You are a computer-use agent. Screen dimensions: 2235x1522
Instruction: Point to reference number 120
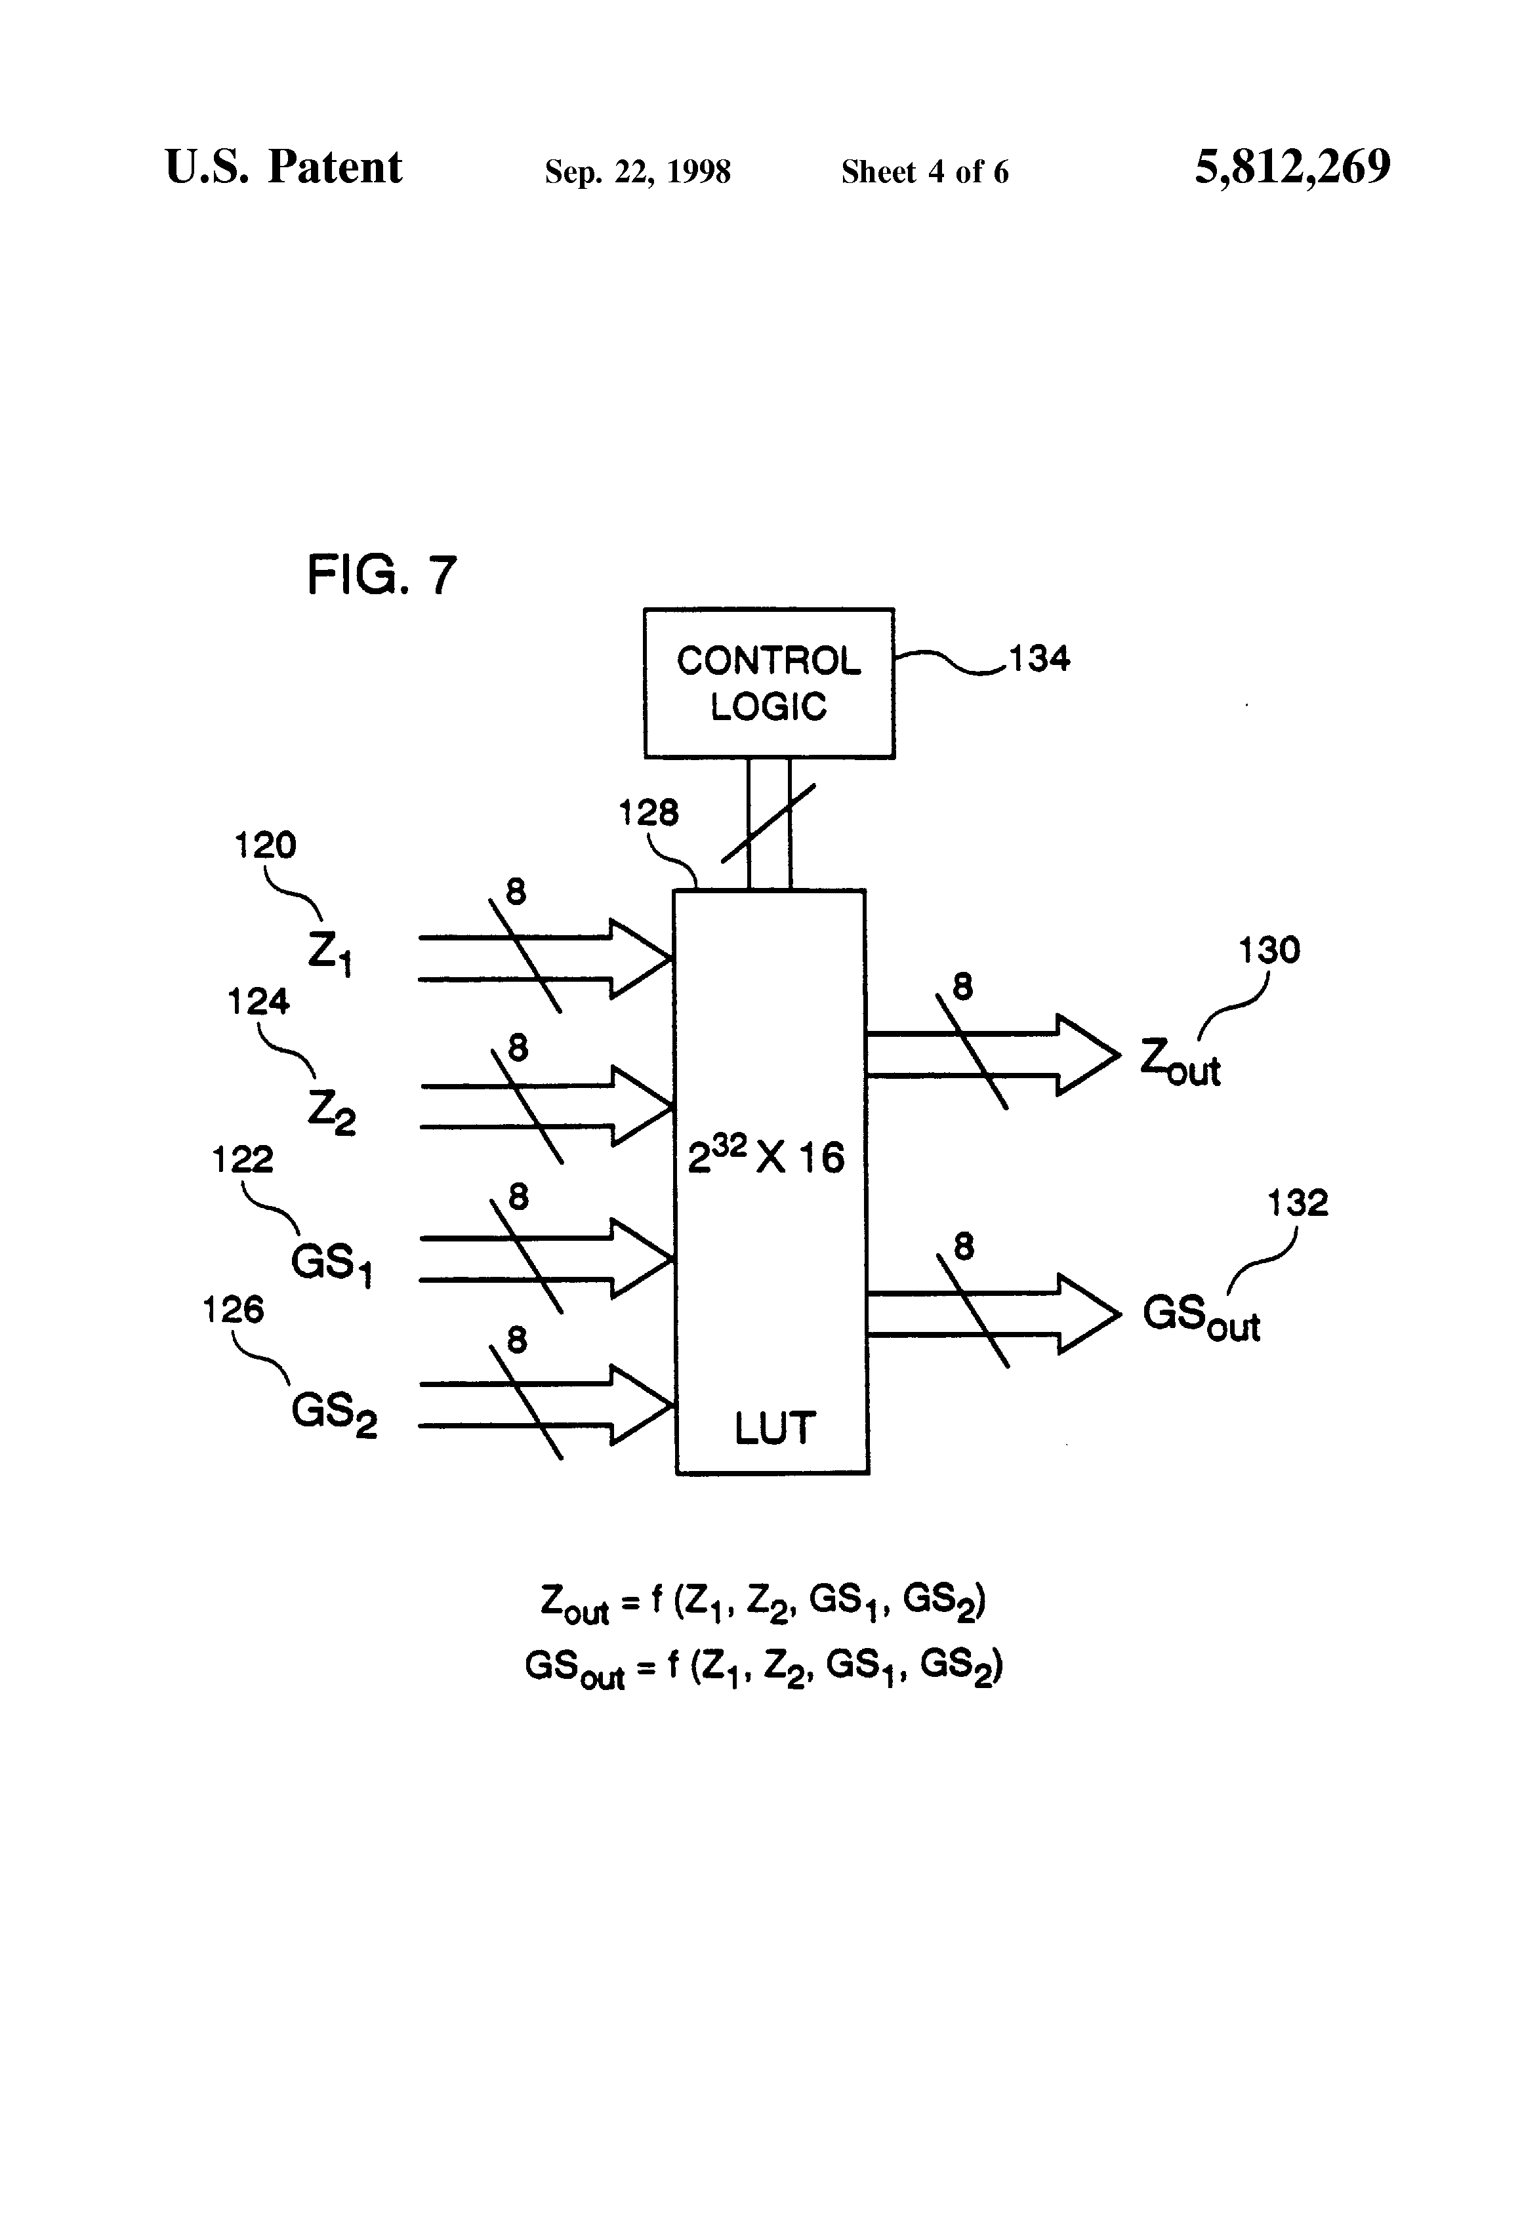(x=266, y=846)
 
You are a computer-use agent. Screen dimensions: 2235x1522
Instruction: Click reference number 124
(x=258, y=1003)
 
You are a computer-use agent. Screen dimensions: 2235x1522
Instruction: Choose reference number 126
(x=233, y=1310)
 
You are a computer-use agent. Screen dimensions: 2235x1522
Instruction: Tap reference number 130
(x=1268, y=951)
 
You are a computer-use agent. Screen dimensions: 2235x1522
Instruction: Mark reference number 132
(x=1297, y=1204)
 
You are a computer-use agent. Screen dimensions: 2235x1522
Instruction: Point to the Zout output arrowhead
(x=1090, y=1055)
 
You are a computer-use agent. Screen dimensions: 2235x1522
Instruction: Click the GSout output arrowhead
(x=1090, y=1314)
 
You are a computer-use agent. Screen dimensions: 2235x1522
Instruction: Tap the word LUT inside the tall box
(x=775, y=1428)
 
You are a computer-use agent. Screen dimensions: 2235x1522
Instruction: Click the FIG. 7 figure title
(x=381, y=576)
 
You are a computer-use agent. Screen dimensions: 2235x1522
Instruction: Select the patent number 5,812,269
(x=1292, y=167)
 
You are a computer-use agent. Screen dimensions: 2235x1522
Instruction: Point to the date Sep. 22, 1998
(x=637, y=172)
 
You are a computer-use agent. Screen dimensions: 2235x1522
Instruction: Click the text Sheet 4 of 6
(x=924, y=172)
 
